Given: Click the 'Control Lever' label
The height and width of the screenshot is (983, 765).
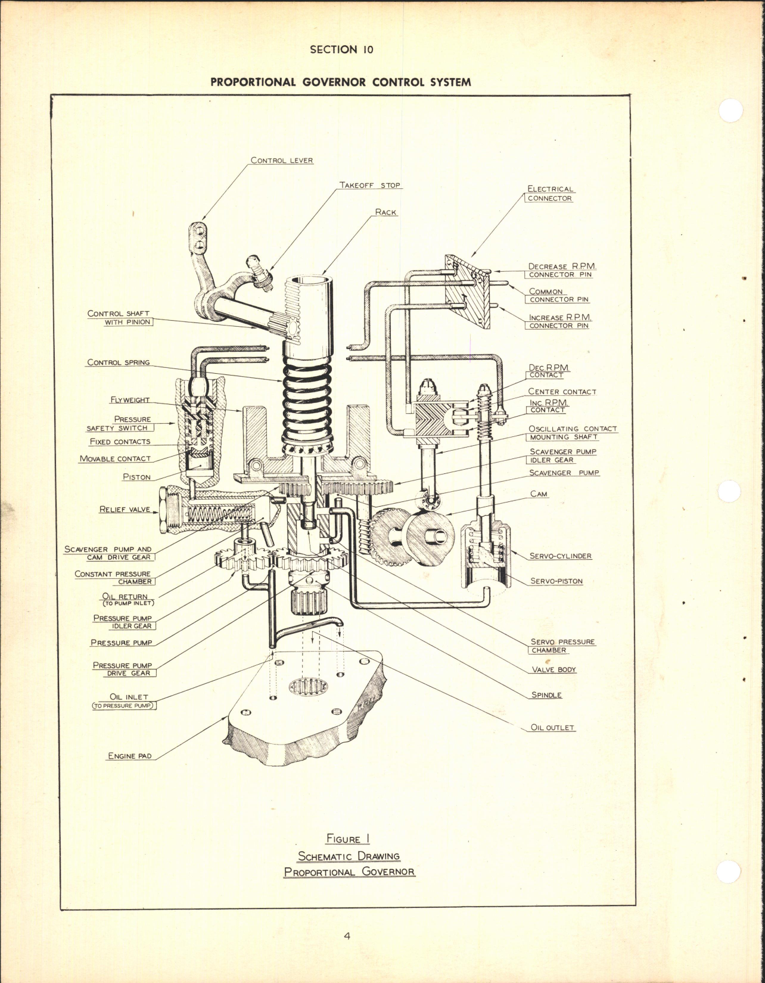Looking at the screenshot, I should [281, 160].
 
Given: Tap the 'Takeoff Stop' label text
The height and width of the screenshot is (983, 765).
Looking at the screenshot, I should [370, 185].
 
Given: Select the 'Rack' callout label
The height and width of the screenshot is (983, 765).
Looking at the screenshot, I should [385, 212].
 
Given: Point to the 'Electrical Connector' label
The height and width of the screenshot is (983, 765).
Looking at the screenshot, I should [549, 194].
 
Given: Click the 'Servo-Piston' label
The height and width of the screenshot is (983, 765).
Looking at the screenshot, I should [556, 581].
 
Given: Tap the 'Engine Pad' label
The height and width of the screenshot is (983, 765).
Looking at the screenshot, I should [129, 756].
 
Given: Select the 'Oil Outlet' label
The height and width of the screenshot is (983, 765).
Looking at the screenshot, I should [552, 728].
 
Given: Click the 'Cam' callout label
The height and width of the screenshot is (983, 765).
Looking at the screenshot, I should [539, 494].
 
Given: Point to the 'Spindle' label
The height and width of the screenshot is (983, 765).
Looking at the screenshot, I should [546, 695].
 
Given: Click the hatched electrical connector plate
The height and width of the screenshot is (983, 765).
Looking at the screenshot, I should [468, 292].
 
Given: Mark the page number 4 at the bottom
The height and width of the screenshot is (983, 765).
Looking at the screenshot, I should [347, 936].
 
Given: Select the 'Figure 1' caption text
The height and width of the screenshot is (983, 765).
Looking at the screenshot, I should [348, 839].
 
